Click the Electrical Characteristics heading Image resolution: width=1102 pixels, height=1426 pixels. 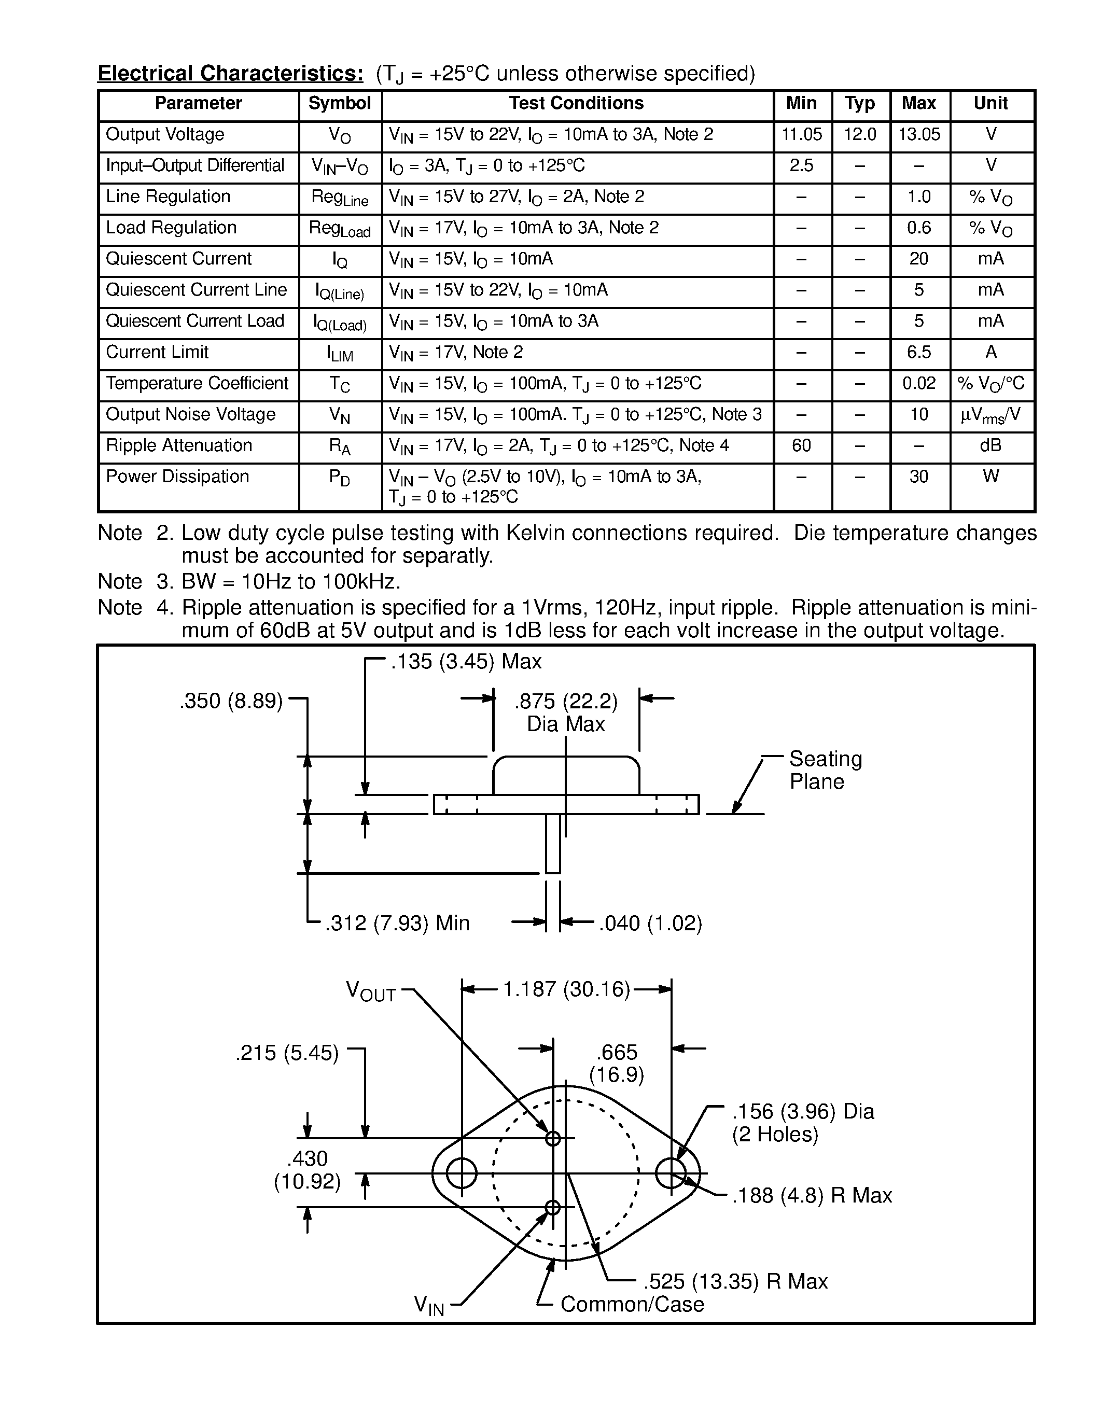click(x=230, y=73)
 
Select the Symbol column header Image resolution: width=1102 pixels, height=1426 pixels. click(x=340, y=103)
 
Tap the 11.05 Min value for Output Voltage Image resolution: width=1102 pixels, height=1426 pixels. click(x=802, y=134)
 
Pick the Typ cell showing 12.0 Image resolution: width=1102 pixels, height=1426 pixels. click(x=860, y=134)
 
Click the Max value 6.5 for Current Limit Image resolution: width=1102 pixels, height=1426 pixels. click(x=918, y=352)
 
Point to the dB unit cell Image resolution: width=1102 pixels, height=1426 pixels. click(x=991, y=445)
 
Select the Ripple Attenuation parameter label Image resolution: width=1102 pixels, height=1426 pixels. click(x=179, y=445)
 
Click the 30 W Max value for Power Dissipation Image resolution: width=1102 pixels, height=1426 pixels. click(x=918, y=477)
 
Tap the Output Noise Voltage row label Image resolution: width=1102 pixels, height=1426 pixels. click(x=191, y=415)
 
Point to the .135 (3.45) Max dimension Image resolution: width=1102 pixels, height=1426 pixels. click(x=466, y=662)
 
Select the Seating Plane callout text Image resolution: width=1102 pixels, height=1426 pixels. click(x=825, y=770)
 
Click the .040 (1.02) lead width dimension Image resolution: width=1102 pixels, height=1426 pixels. click(x=650, y=922)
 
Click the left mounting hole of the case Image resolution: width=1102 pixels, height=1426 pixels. click(x=462, y=1173)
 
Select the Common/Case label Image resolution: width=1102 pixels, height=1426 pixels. click(x=632, y=1304)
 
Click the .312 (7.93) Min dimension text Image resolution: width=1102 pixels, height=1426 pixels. click(x=398, y=922)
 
